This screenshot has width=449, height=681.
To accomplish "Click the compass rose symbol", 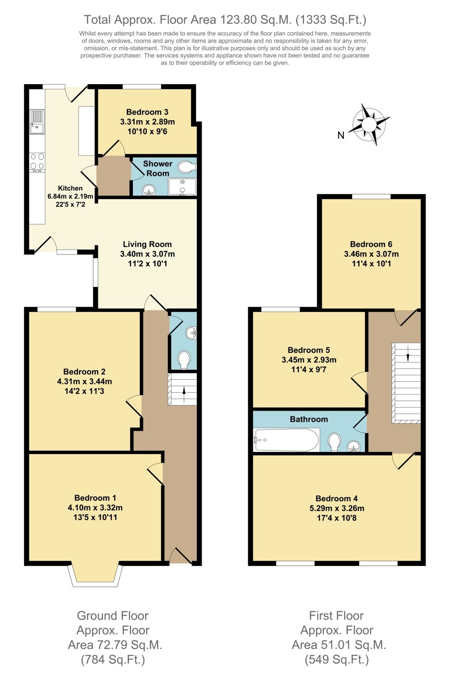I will [x=369, y=125].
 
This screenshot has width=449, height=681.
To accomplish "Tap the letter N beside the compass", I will [x=341, y=136].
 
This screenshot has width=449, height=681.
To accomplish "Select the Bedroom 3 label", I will [x=147, y=112].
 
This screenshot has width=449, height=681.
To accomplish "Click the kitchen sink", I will [x=37, y=122].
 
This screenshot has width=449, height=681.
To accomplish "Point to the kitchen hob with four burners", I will [x=37, y=161].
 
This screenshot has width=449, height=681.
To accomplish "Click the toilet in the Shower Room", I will [x=187, y=167].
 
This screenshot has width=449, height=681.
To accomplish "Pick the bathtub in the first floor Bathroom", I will [x=286, y=440].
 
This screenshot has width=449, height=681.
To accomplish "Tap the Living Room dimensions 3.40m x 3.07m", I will [x=147, y=254].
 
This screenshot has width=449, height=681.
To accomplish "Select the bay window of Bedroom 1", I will [x=95, y=575].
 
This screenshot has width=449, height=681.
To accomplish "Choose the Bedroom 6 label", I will [x=371, y=244].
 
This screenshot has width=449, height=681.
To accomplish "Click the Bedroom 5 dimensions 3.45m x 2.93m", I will [x=309, y=360].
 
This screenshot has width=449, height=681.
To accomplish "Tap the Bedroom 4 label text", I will [x=336, y=498].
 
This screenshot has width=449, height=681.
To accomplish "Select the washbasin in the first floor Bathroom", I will [x=354, y=447].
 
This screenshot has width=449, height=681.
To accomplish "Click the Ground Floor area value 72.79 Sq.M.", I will [x=115, y=645].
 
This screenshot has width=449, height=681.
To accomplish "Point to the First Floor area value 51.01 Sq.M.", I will [x=339, y=645].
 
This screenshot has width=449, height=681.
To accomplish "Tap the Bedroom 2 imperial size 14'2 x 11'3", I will [x=84, y=391].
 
